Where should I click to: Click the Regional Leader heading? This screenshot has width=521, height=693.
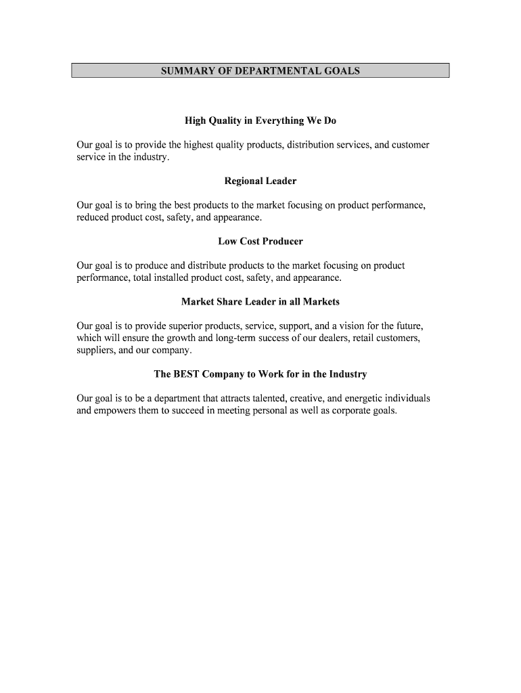[x=260, y=181]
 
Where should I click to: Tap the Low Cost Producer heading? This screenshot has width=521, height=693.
[x=260, y=242]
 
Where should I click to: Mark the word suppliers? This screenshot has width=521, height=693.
[x=96, y=351]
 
